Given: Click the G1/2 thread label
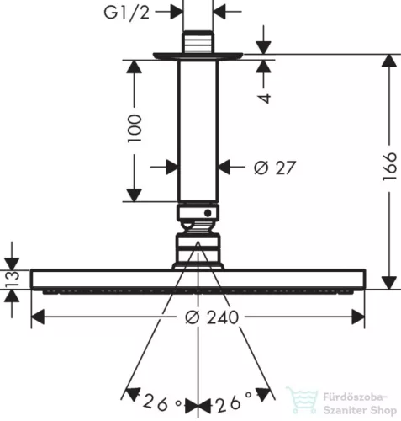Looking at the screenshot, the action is pos(127,13).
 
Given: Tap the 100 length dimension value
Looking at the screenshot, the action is pos(135,129).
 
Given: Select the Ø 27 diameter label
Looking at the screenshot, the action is pos(275,168).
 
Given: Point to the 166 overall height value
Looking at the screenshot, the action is pos(390,167).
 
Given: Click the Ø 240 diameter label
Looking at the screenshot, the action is pos(212,317).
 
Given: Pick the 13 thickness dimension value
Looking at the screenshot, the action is pos(13,279).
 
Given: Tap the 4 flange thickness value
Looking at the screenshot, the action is pos(264,98).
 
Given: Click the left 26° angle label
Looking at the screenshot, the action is pos(162,403).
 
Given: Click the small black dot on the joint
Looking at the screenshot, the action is pos(208,213).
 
